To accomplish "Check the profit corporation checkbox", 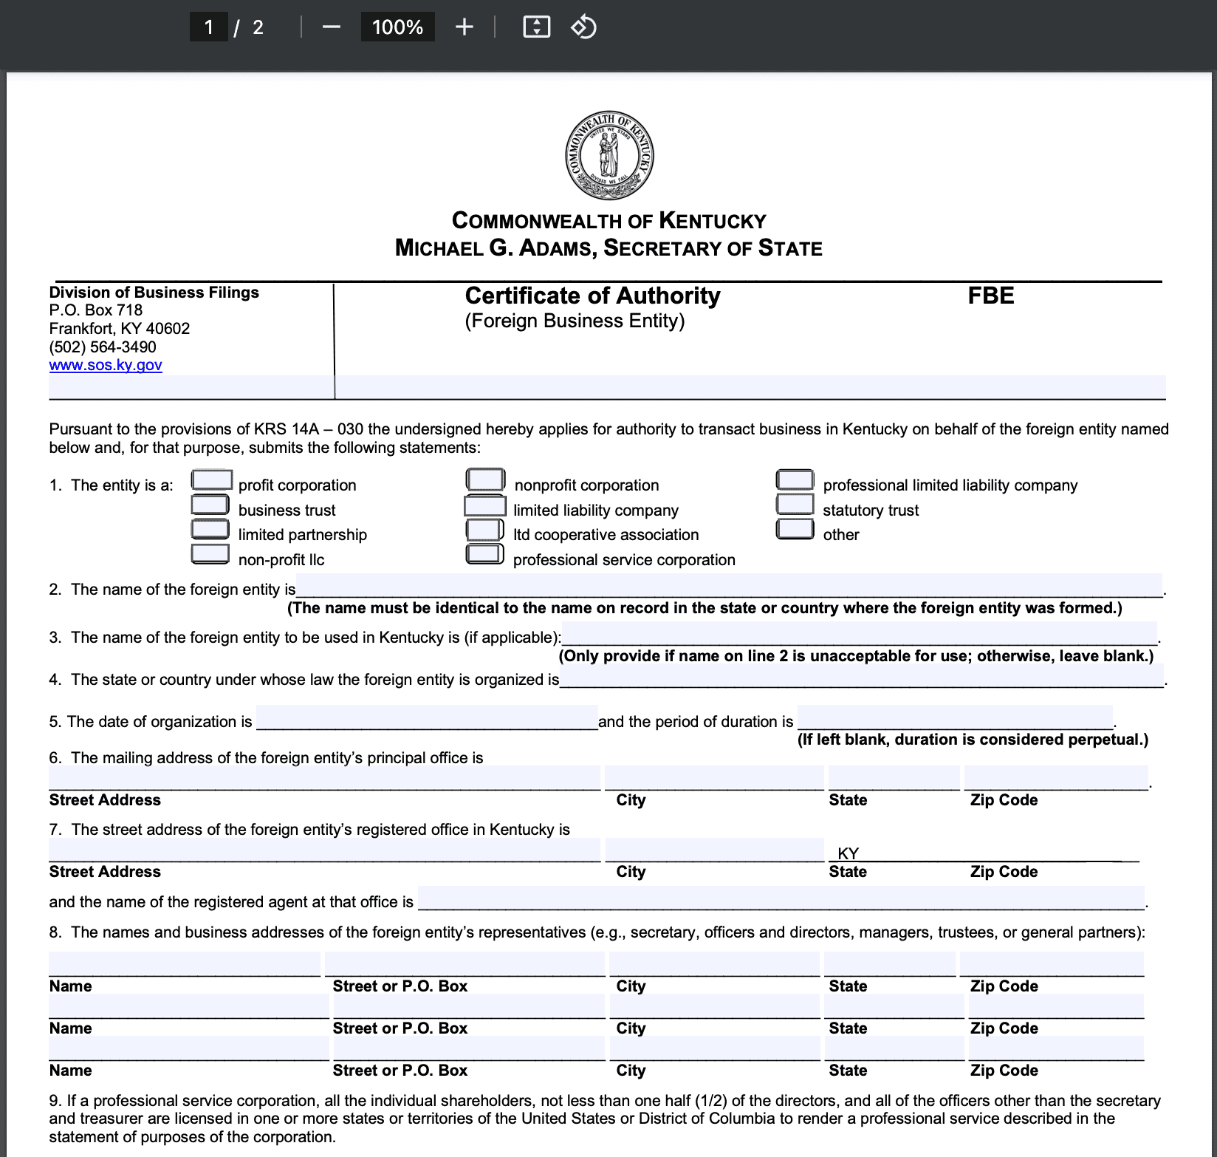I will (x=211, y=480).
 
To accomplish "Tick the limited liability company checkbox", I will (x=484, y=506).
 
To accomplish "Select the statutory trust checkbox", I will (x=795, y=505).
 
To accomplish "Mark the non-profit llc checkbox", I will (x=210, y=554).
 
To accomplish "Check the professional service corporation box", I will (x=484, y=554).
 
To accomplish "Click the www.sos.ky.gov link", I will (x=106, y=365).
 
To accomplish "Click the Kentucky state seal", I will (x=609, y=156).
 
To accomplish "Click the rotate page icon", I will (x=583, y=27).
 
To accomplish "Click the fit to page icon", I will (x=536, y=27).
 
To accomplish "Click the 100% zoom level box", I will (x=397, y=27).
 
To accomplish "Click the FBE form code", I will (x=990, y=296).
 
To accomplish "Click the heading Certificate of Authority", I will (x=592, y=296).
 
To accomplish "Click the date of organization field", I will (x=427, y=717).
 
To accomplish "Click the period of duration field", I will (x=955, y=717).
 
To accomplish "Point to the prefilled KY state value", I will (x=848, y=853).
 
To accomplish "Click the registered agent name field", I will (x=781, y=898).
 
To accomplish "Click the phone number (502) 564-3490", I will (x=103, y=347).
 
